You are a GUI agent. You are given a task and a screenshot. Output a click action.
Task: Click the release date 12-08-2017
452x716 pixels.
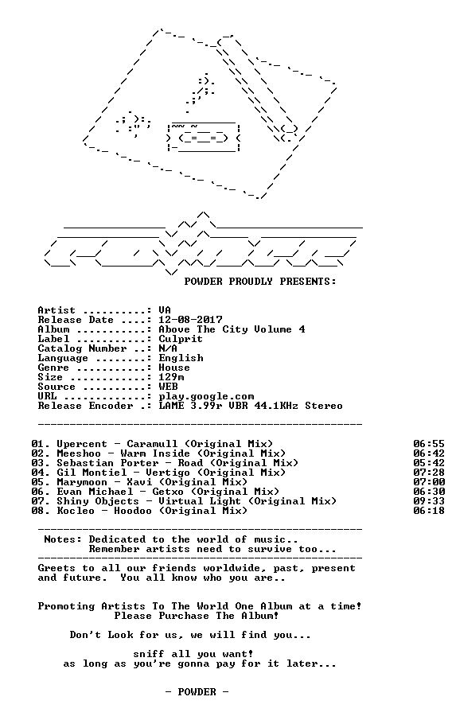point(190,320)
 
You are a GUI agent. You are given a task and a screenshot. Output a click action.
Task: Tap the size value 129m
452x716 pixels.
point(172,377)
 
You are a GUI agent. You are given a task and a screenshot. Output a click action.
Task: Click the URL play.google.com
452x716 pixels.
point(206,397)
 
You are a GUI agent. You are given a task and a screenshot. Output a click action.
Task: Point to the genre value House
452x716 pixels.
point(174,368)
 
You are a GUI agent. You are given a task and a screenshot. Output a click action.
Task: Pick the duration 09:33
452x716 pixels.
point(429,501)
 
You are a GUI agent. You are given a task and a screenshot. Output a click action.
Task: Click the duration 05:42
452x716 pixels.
point(429,463)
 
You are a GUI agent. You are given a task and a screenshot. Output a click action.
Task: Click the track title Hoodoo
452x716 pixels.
point(133,511)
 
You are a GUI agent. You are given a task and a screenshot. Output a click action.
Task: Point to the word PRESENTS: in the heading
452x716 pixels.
point(308,282)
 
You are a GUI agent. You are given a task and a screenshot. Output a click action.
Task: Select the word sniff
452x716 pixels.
point(149,654)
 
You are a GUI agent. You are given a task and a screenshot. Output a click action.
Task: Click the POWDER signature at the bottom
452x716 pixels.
point(197,692)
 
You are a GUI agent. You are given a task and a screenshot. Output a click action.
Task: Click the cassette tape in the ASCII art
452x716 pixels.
point(204,137)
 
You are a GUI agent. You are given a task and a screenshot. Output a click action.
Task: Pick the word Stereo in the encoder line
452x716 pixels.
point(324,406)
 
